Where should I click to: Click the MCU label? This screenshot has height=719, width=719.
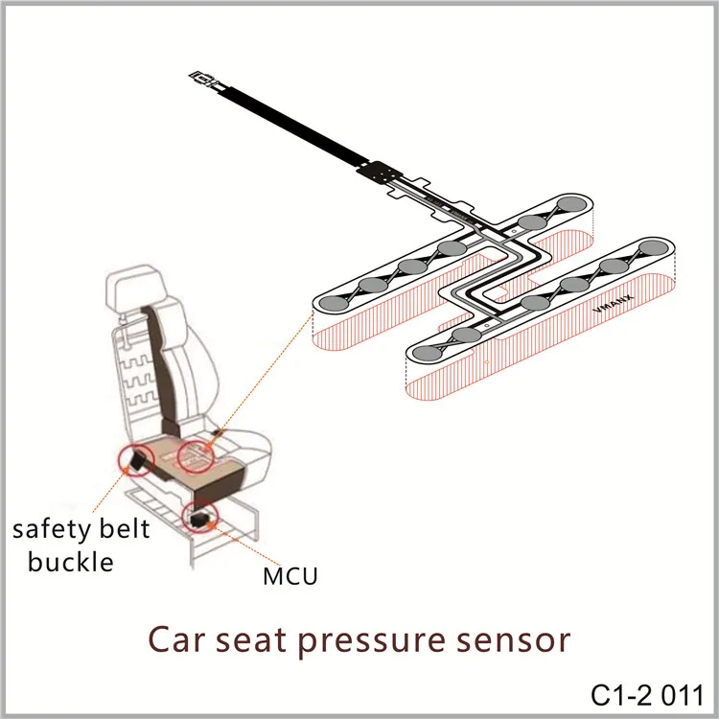tap(289, 576)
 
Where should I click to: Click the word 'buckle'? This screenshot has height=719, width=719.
tap(71, 561)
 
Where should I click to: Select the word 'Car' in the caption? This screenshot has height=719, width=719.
tap(178, 639)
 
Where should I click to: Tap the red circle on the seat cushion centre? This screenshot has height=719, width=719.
tap(202, 454)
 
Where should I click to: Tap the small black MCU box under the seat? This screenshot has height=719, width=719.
tap(201, 519)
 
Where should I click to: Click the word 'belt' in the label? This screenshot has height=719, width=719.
tap(126, 530)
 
